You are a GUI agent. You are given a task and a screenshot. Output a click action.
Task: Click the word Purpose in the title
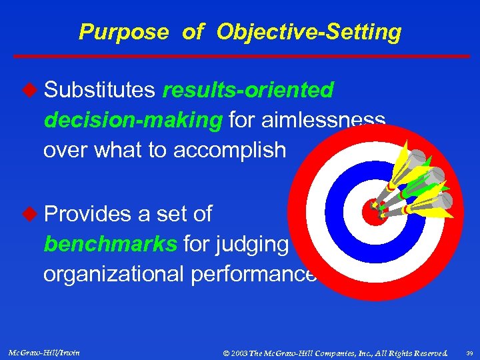tap(123, 32)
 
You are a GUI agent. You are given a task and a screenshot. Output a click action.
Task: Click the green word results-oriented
tap(247, 91)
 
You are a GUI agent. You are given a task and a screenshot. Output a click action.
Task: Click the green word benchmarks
tap(109, 244)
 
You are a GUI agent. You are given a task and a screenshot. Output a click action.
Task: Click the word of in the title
tap(192, 32)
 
